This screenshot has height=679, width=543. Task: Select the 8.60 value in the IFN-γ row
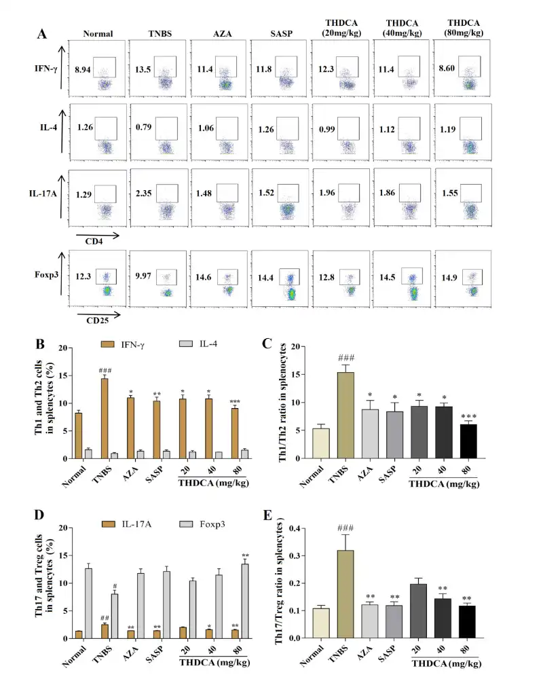tap(447, 69)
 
